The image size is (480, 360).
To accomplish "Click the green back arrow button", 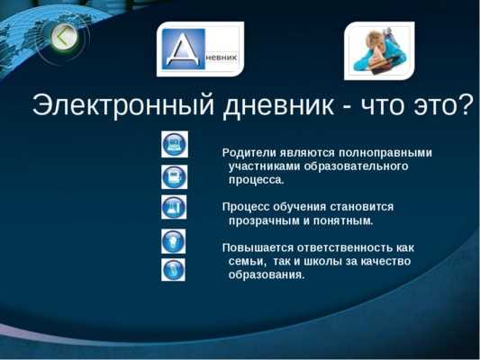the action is [x=65, y=38].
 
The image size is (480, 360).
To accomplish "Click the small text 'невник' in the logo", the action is [x=222, y=58].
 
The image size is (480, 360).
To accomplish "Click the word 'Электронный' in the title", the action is [x=123, y=105].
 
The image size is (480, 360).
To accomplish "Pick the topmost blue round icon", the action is [x=175, y=144].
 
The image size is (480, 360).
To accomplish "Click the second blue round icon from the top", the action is [x=174, y=176].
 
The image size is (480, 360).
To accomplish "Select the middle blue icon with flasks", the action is [x=174, y=207].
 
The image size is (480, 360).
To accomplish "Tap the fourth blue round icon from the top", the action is [x=173, y=241].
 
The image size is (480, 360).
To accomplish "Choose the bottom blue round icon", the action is [x=173, y=270].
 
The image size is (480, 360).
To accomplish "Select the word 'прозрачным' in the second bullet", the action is [x=264, y=220].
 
